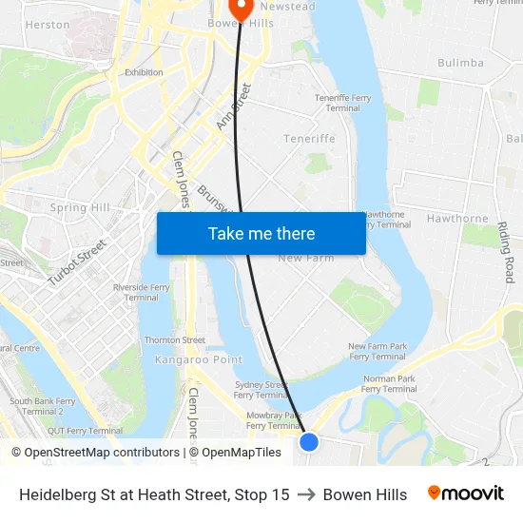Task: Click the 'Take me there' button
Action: pyautogui.click(x=261, y=233)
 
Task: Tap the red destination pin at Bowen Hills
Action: pyautogui.click(x=242, y=9)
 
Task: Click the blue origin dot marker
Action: pyautogui.click(x=309, y=441)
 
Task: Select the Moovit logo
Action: pyautogui.click(x=466, y=494)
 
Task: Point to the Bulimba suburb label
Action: pyautogui.click(x=461, y=63)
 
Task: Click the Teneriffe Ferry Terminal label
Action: pyautogui.click(x=343, y=103)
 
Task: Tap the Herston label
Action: pyautogui.click(x=48, y=25)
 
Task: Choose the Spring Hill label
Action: pyautogui.click(x=80, y=207)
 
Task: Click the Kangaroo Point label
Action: pyautogui.click(x=199, y=359)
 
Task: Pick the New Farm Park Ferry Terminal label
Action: pyautogui.click(x=378, y=351)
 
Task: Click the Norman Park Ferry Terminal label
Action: pyautogui.click(x=390, y=383)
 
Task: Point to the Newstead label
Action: pyautogui.click(x=287, y=7)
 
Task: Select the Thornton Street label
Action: pyautogui.click(x=175, y=339)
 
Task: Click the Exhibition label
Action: pyautogui.click(x=144, y=72)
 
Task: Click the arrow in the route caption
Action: pyautogui.click(x=306, y=494)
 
